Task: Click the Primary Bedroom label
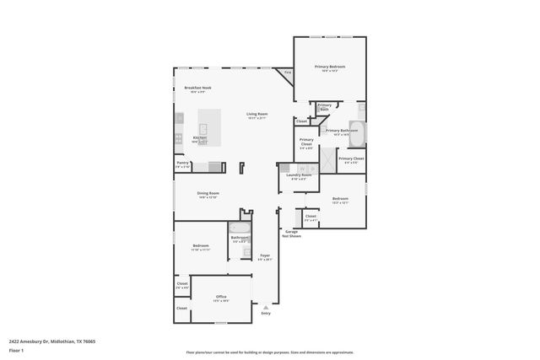click(330, 67)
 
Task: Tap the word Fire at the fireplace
click(288, 73)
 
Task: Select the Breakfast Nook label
click(197, 88)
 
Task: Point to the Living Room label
click(256, 114)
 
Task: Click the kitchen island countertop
click(210, 125)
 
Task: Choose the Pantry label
click(182, 164)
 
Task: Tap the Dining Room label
click(208, 194)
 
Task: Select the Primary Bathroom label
click(343, 131)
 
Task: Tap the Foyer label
click(265, 255)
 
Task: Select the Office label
click(221, 297)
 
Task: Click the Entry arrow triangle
click(266, 308)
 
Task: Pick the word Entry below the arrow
click(266, 314)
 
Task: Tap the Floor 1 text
click(17, 349)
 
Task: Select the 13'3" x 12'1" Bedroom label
click(340, 200)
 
